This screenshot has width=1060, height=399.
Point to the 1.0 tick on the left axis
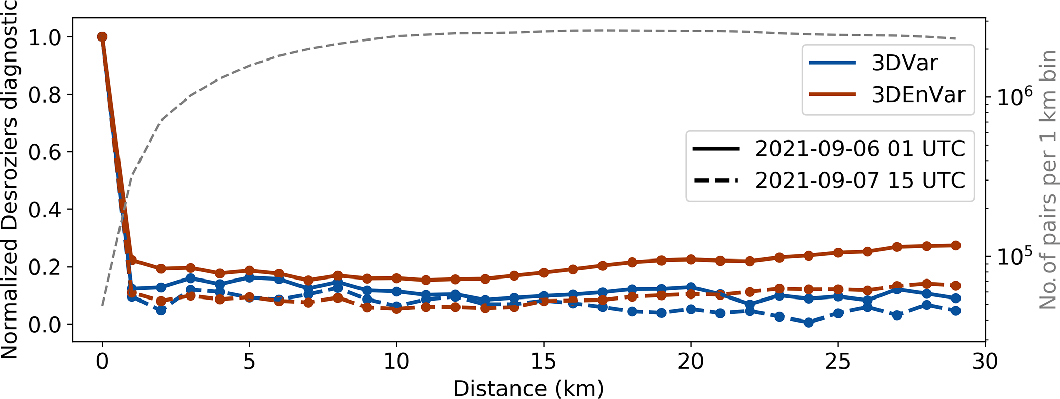45,37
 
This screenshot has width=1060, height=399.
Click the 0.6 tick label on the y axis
45,152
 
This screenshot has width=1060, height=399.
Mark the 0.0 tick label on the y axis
45,324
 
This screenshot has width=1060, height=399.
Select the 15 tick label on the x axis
543,363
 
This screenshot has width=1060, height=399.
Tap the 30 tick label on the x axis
985,363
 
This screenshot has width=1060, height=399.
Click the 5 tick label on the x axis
249,363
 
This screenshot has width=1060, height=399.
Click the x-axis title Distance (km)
528,388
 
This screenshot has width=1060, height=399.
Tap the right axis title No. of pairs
1048,179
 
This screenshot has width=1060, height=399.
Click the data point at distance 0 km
102,37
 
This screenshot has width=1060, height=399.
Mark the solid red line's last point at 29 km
955,245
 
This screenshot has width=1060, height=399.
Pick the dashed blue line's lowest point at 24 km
809,323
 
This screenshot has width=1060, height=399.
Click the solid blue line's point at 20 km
691,287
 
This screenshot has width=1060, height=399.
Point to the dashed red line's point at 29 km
955,286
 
